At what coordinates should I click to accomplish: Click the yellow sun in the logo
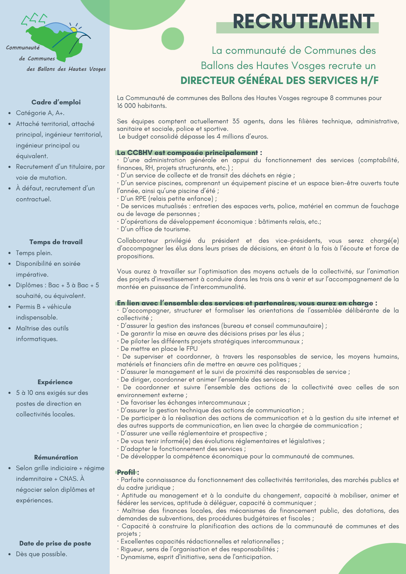tap(74, 30)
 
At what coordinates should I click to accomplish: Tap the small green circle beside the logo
tap(173, 39)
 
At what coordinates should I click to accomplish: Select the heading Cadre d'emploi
tap(56, 102)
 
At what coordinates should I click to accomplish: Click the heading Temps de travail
tap(56, 242)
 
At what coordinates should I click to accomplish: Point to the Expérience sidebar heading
tap(55, 382)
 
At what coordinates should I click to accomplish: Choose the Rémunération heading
tap(56, 457)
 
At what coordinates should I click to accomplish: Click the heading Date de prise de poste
tap(55, 543)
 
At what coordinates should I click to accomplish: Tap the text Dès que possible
tap(42, 554)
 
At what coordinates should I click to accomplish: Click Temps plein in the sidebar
tap(34, 253)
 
